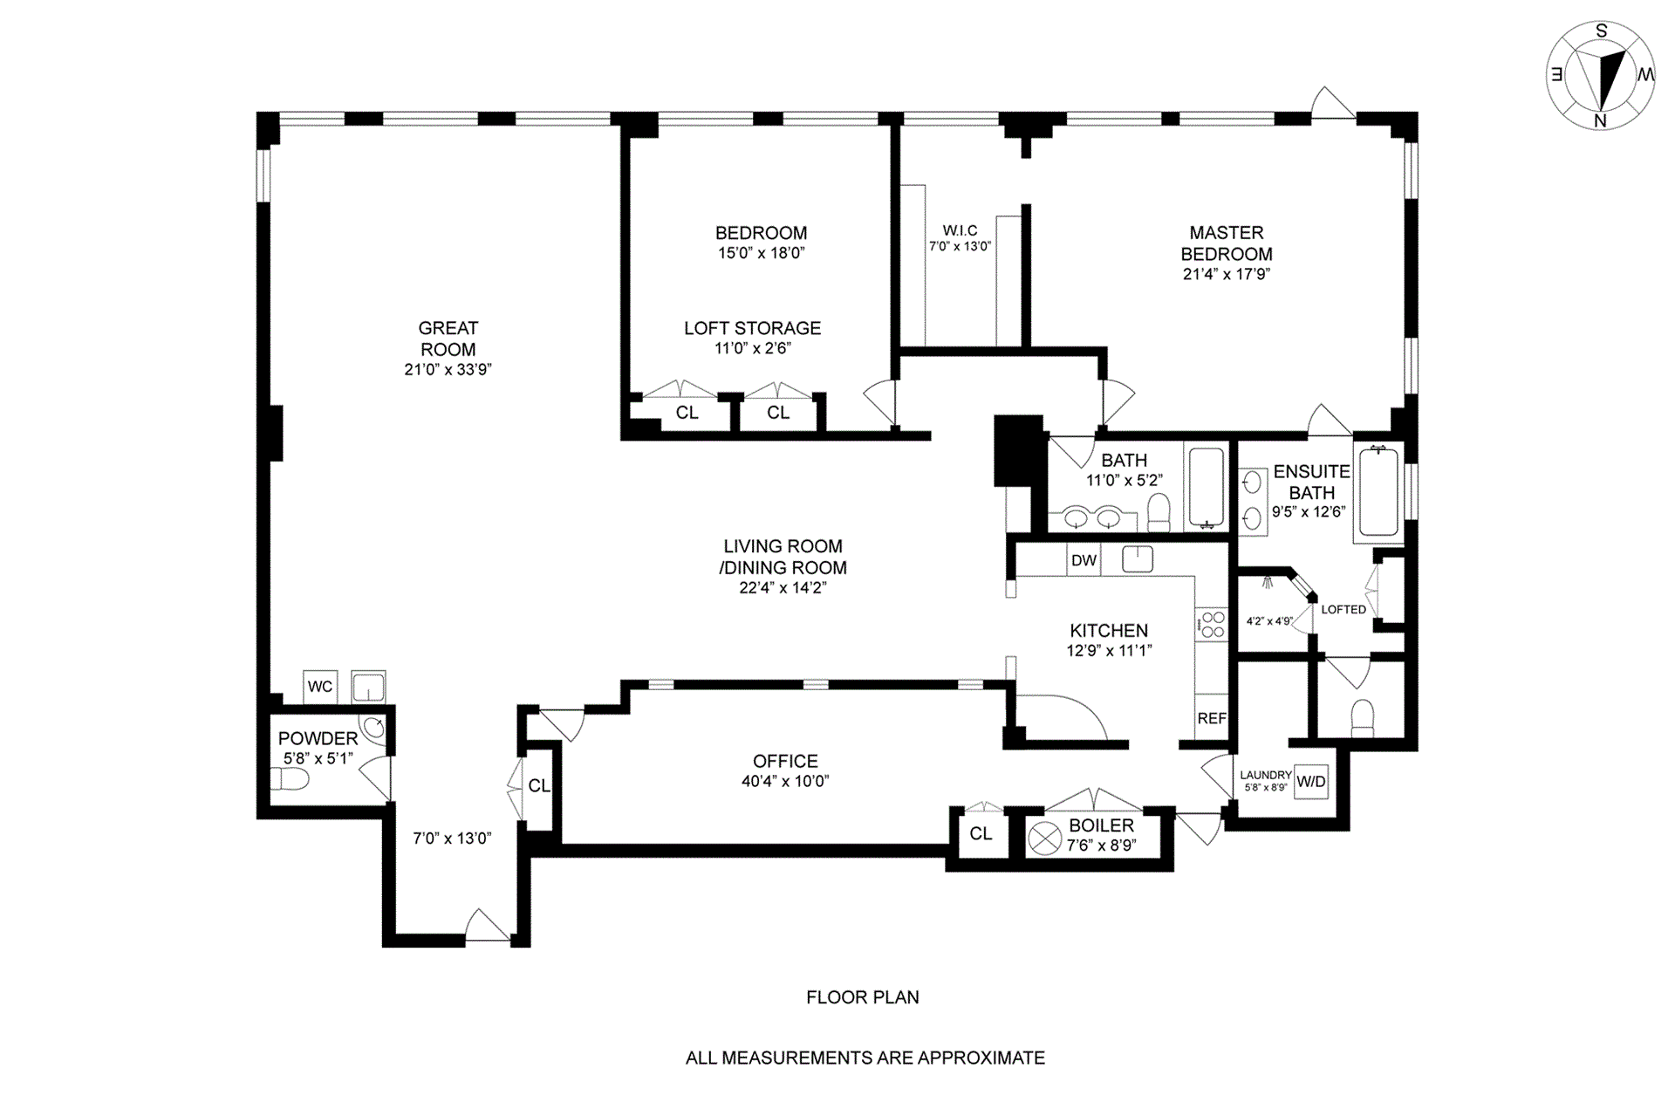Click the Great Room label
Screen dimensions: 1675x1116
pos(448,339)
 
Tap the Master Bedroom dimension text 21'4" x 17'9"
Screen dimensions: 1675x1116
pos(1227,274)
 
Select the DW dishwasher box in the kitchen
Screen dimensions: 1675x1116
pos(1084,560)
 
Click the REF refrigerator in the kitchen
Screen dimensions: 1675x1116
pos(1212,719)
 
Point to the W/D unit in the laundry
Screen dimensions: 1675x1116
pos(1310,782)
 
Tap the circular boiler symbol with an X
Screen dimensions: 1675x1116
pos(1044,839)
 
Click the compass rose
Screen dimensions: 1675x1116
pos(1601,77)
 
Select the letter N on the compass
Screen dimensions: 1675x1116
pos(1600,121)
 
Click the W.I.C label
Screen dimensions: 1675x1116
pos(960,230)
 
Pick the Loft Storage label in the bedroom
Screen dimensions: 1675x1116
pos(752,328)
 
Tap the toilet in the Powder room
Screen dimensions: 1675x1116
pos(290,778)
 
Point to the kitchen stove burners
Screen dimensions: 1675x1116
pos(1213,625)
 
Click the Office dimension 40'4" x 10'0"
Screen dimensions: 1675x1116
pos(785,782)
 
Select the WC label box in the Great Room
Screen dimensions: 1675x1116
pos(320,687)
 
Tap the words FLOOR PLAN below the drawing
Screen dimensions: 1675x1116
pos(863,997)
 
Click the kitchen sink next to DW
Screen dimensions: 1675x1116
pos(1138,558)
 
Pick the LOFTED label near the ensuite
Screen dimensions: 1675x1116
pos(1343,609)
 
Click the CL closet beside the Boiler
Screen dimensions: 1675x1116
pos(981,834)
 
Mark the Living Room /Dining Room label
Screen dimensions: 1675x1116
pos(783,557)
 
